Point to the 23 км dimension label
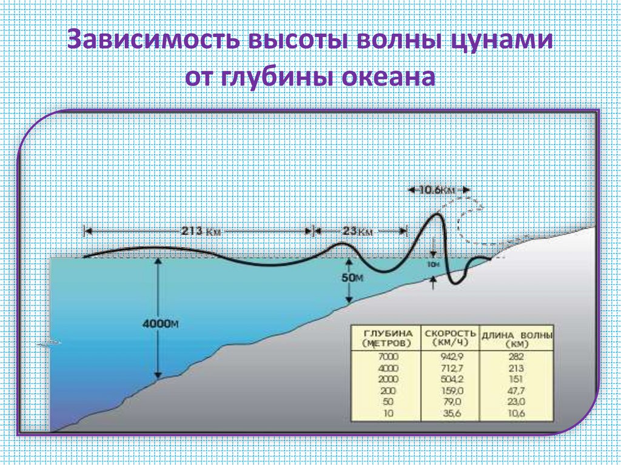point(358,231)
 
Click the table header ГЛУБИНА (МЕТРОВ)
point(386,338)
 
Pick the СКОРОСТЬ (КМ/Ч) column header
point(449,338)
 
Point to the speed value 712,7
point(449,369)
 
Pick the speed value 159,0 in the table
point(449,391)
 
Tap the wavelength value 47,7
point(517,391)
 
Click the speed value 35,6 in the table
point(449,413)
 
